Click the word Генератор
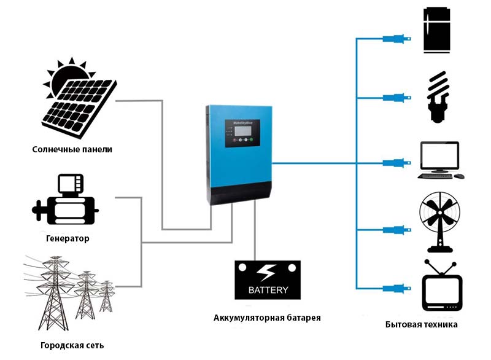click(68, 238)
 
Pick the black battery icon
click(268, 280)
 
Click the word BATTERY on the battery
click(268, 289)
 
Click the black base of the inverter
click(239, 194)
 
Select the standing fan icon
click(439, 222)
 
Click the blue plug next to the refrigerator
click(393, 39)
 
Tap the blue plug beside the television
click(393, 288)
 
